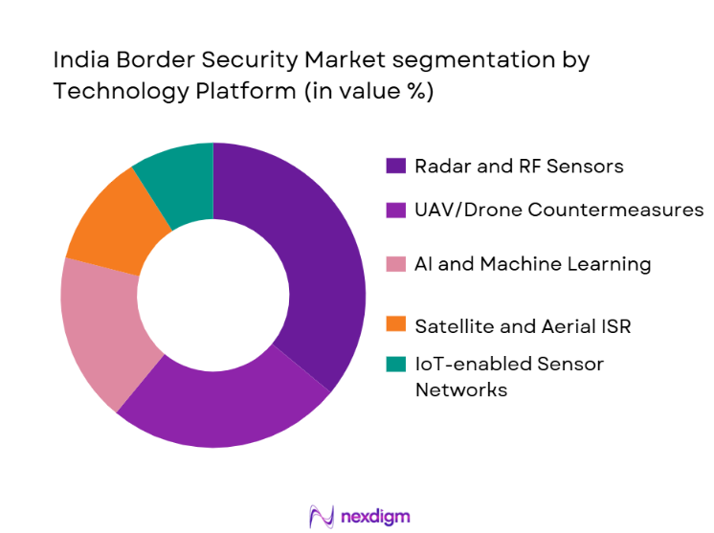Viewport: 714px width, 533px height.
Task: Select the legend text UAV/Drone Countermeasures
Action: pyautogui.click(x=559, y=210)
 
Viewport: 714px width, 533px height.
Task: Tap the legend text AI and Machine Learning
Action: pyautogui.click(x=532, y=264)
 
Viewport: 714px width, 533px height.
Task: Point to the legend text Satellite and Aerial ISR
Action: pyautogui.click(x=523, y=326)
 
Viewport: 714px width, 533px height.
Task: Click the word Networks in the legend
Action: pyautogui.click(x=460, y=389)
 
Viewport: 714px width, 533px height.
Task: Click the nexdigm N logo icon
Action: pyautogui.click(x=321, y=517)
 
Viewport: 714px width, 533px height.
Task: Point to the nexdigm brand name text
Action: pyautogui.click(x=375, y=517)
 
